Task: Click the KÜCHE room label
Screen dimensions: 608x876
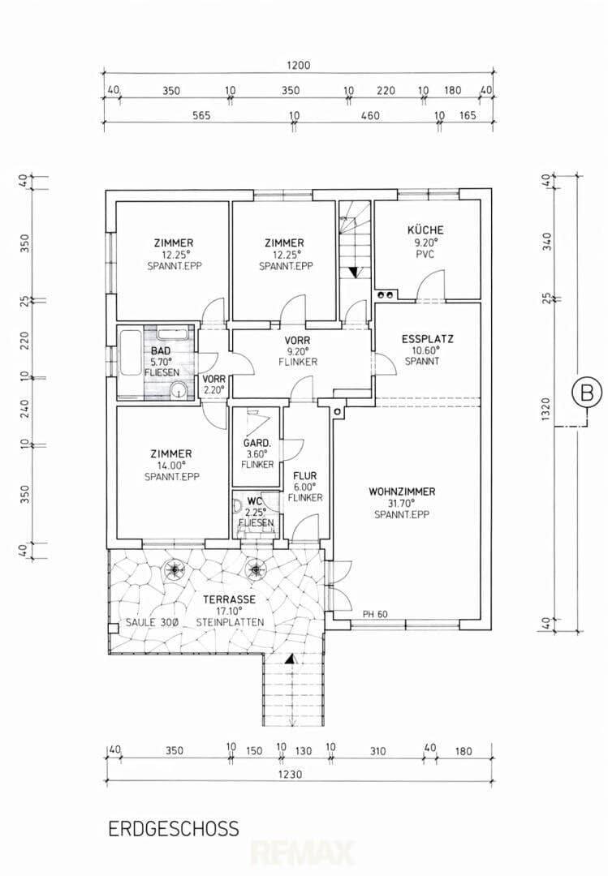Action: [x=425, y=230]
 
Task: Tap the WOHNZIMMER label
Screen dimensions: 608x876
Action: [x=402, y=492]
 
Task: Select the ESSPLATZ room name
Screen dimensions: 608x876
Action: [x=427, y=338]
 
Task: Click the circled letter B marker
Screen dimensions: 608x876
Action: [x=587, y=393]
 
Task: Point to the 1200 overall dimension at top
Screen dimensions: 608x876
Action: [x=298, y=66]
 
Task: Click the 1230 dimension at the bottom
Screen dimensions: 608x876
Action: [x=290, y=775]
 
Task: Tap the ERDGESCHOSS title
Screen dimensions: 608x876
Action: [x=174, y=828]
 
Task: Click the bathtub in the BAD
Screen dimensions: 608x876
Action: [x=129, y=354]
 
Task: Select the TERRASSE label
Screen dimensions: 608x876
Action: [x=230, y=599]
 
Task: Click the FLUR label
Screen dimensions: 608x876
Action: [x=305, y=475]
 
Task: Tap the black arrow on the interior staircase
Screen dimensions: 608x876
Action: [x=353, y=272]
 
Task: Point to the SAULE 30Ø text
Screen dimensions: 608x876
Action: [x=151, y=622]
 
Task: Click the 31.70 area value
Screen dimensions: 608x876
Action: [x=401, y=504]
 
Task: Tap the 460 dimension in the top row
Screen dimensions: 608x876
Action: [x=370, y=116]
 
